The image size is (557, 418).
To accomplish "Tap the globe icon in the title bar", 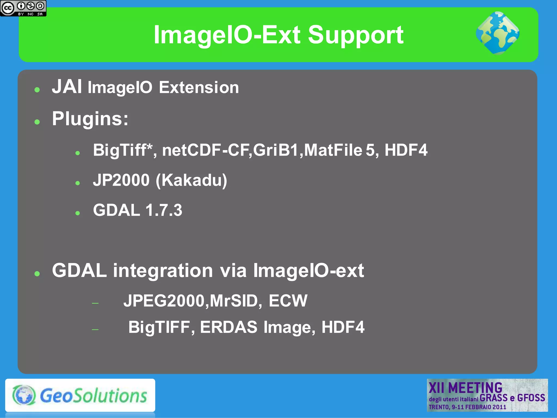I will coord(498,33).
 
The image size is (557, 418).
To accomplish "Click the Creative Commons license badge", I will coord(23,8).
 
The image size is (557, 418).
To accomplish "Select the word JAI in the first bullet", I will coord(67,87).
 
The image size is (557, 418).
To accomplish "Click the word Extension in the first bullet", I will coord(199,88).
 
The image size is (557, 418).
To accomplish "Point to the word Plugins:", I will coord(90,119).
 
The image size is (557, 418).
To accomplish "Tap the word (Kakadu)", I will coord(191,180).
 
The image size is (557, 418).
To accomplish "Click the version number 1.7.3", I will coord(164,210).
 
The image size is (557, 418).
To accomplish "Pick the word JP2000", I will coord(121,180).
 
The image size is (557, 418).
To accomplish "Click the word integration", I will coord(163,271).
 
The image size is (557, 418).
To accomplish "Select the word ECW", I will coord(288,301).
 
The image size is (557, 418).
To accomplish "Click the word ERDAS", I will coord(228,327).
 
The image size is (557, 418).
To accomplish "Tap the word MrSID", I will coord(234,301).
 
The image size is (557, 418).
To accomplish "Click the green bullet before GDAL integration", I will coord(37,274).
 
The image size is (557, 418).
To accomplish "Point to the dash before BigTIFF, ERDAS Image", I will coord(95,330).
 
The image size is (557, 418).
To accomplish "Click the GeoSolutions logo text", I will coord(93,396).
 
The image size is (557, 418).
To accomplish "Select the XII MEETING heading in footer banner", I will coord(465,388).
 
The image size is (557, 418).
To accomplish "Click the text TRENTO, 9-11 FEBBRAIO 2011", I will coord(467,407).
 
